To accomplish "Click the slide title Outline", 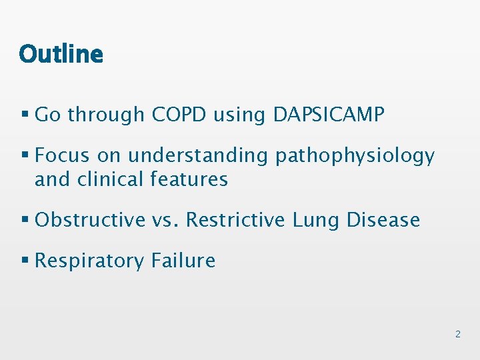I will coord(61,53).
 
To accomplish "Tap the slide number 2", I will coord(457,333).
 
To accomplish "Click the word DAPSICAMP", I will coord(329,115).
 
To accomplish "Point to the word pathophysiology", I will coord(355,157).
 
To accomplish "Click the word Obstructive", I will coord(90,219).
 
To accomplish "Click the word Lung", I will coord(317,221).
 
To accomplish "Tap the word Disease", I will coord(383,219).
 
